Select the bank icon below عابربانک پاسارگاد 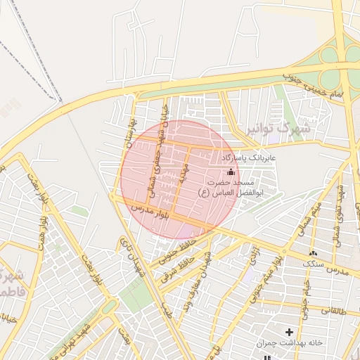click(231, 172)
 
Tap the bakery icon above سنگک click(313, 252)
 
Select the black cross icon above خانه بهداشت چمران click(289, 331)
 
